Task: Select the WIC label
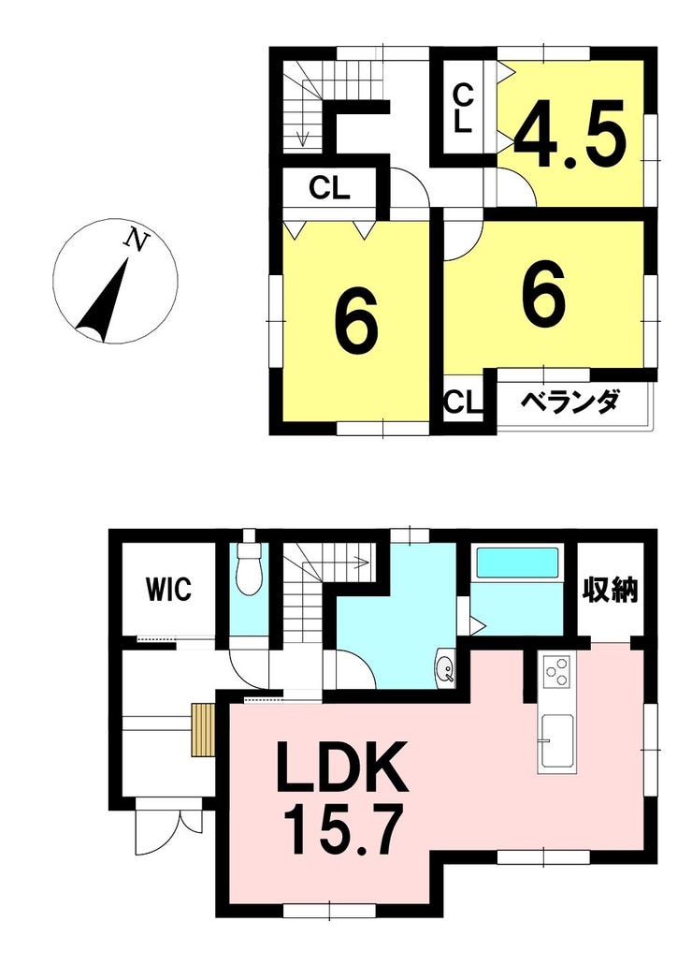point(168,589)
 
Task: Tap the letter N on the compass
point(136,240)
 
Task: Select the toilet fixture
point(249,568)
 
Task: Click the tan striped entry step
point(203,730)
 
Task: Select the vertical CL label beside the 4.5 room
point(463,109)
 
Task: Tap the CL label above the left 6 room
point(330,188)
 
